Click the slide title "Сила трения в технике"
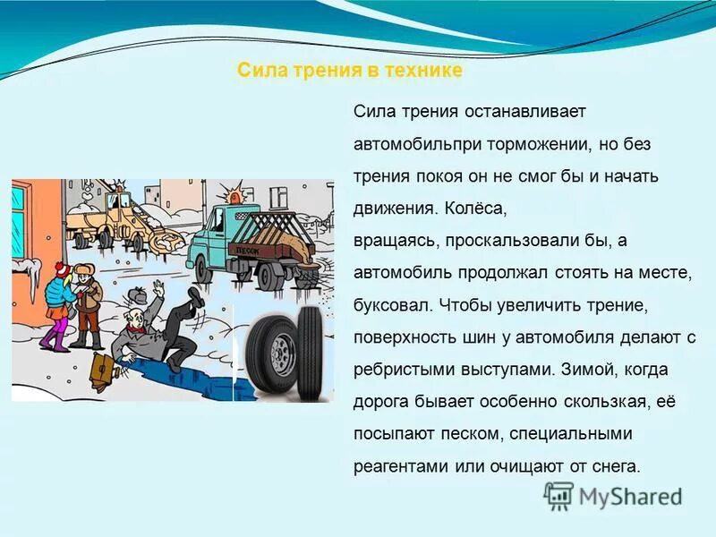350,71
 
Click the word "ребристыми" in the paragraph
399,370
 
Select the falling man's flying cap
138,294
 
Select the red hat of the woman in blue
61,269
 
